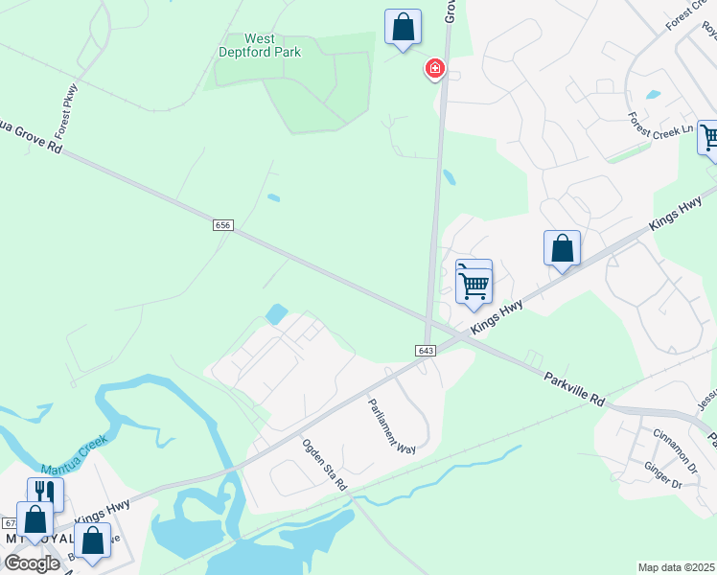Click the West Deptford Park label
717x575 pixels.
click(x=260, y=45)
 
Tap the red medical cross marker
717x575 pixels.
click(x=434, y=68)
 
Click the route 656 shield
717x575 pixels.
click(x=222, y=224)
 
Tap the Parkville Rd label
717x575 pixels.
click(x=573, y=386)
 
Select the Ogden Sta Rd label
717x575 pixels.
click(x=324, y=465)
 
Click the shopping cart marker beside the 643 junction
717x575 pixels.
click(x=474, y=283)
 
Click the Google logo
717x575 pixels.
click(x=32, y=563)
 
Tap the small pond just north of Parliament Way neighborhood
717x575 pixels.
click(x=277, y=313)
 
